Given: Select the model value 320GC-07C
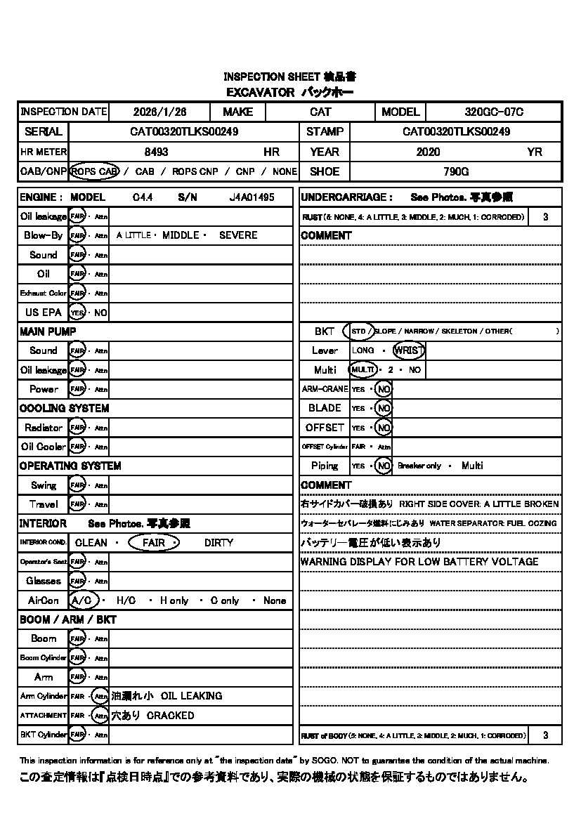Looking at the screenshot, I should [x=494, y=112].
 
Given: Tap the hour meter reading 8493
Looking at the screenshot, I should [x=156, y=152].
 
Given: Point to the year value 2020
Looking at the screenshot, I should [x=428, y=152].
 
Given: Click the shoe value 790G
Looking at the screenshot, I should [x=456, y=171].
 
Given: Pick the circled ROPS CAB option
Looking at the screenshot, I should [x=95, y=171].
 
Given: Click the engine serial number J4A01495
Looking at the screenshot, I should [x=252, y=197].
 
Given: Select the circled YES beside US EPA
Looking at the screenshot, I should [x=77, y=313].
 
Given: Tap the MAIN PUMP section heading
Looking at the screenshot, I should [x=48, y=331].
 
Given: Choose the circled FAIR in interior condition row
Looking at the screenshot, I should [x=155, y=543].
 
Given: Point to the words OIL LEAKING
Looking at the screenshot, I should [x=192, y=696].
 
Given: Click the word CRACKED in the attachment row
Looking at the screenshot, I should [x=171, y=716].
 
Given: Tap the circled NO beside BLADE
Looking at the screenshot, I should [x=383, y=408].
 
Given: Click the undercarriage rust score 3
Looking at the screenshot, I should [x=545, y=217].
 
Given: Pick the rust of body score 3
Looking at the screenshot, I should [x=545, y=735].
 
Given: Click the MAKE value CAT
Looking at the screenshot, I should [x=320, y=112].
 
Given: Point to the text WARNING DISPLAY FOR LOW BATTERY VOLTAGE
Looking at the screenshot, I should [x=419, y=562].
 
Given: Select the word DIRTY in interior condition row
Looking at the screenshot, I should [x=218, y=543].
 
